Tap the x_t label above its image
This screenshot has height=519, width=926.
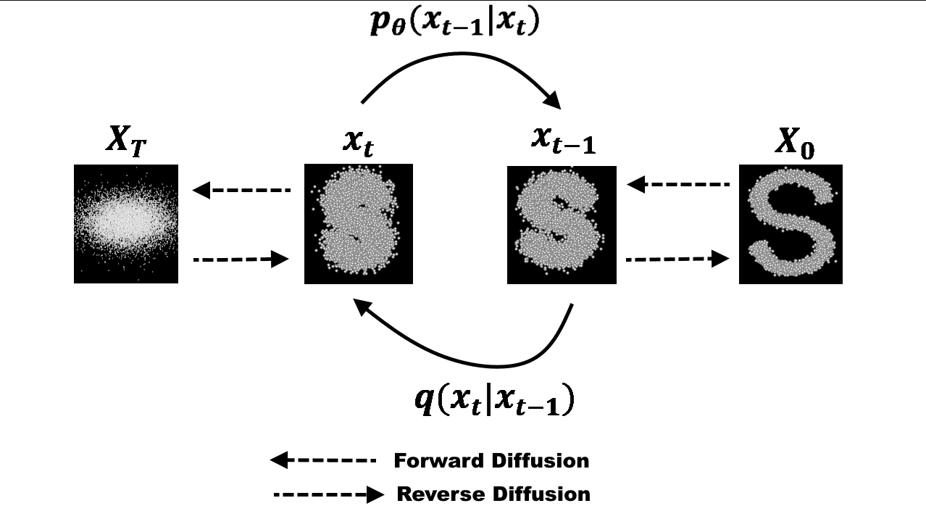pos(358,142)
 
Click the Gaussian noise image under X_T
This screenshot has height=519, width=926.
pos(126,223)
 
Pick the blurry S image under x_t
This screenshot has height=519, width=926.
pos(358,223)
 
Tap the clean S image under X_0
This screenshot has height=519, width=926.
pos(791,224)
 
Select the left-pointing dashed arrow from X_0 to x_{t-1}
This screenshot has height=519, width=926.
pos(677,185)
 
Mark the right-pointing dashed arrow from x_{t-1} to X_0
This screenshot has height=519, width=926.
pos(677,258)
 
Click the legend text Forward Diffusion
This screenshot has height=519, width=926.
pos(491,460)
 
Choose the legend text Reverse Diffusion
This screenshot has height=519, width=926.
pos(493,494)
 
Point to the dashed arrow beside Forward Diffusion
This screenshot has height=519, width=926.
pos(323,460)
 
